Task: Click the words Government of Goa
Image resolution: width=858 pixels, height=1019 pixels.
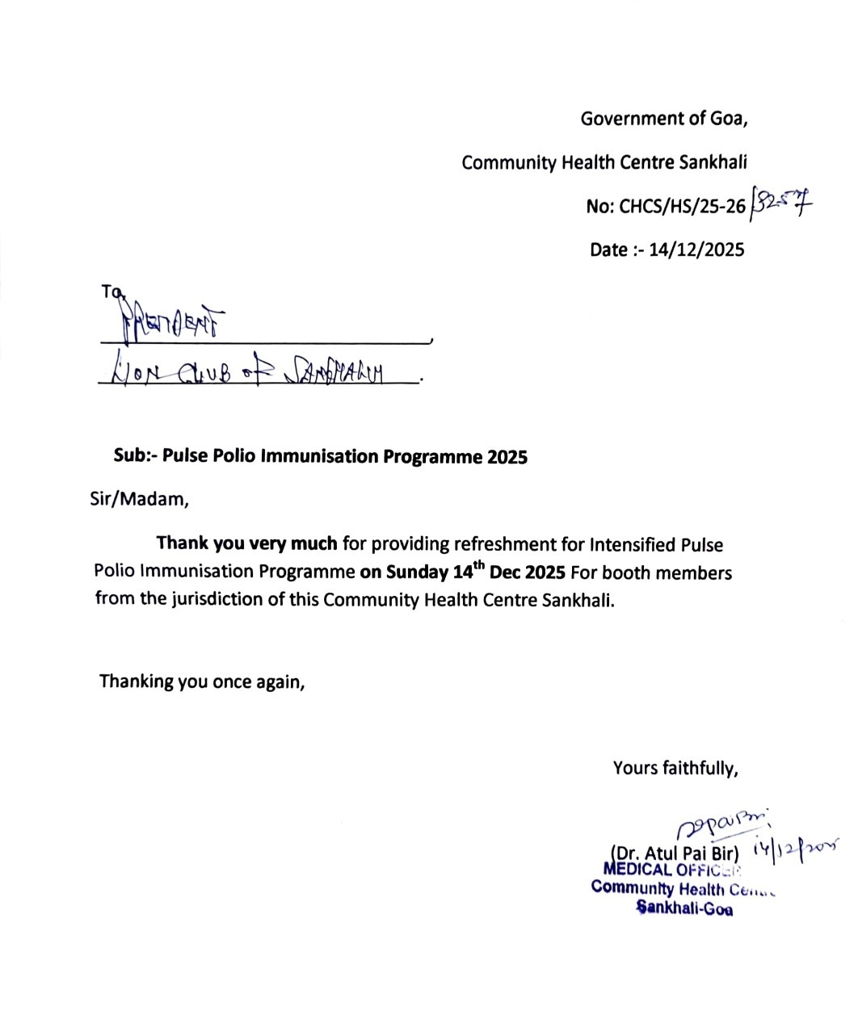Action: pos(664,119)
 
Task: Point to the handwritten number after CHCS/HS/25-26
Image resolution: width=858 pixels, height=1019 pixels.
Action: pos(781,203)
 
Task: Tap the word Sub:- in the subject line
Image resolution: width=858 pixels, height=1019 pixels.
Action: pos(134,456)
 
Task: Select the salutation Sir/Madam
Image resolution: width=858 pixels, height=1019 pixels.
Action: pos(139,500)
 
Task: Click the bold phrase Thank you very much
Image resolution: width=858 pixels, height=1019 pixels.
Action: pos(246,543)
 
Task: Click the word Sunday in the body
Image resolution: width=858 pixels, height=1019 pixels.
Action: pos(416,572)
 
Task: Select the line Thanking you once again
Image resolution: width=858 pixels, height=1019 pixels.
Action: pos(202,681)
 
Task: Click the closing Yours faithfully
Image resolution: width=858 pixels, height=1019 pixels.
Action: pos(675,768)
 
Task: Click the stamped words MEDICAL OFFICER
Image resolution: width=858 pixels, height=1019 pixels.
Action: pos(671,870)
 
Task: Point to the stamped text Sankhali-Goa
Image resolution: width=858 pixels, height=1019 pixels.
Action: pos(685,908)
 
